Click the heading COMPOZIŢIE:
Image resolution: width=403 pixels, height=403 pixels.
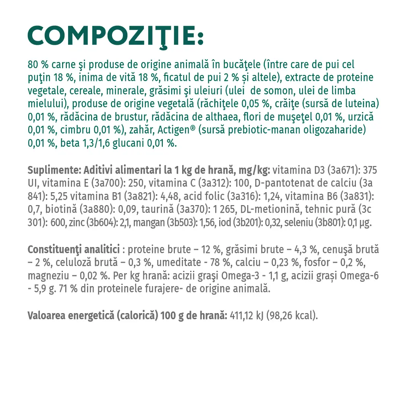[116, 36]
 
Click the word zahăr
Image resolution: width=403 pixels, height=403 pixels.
[143, 130]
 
